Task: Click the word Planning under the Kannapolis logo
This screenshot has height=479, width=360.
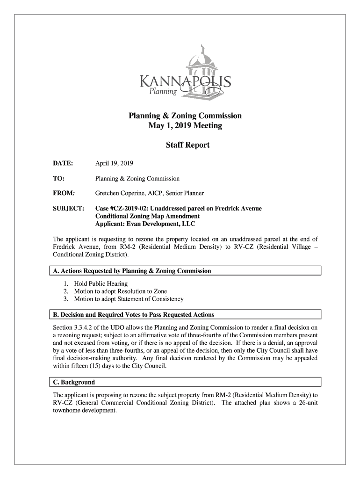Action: [x=163, y=92]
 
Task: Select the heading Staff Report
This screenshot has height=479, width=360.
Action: [x=187, y=145]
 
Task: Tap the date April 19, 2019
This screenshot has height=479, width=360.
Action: [x=114, y=164]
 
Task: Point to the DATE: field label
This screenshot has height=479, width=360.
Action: [x=62, y=164]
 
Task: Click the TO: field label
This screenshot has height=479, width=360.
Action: [x=58, y=178]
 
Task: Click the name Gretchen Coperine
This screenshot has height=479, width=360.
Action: [x=118, y=193]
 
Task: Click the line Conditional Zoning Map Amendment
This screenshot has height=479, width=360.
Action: [x=147, y=216]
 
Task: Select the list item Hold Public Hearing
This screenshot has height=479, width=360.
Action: [x=97, y=284]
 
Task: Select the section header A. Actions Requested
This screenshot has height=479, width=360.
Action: [x=131, y=271]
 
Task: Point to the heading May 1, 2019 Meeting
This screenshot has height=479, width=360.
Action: [x=185, y=126]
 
